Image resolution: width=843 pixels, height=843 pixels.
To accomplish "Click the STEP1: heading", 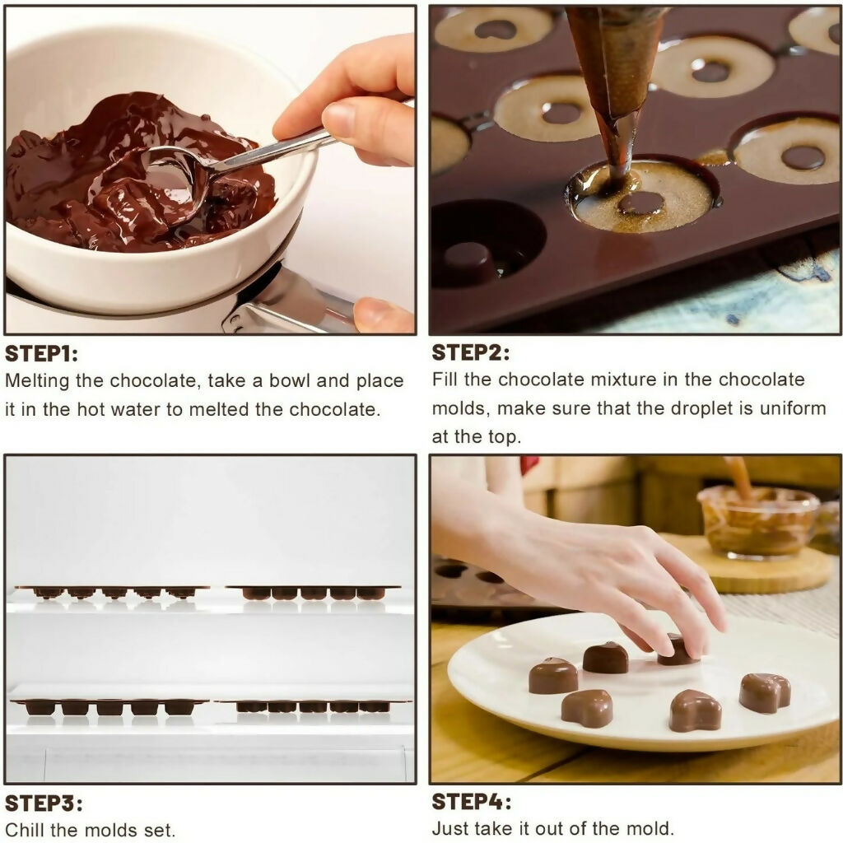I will pos(41,355).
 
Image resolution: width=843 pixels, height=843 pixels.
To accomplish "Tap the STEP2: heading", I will pos(470,353).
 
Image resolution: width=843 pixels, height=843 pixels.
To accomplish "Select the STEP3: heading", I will pos(44,803).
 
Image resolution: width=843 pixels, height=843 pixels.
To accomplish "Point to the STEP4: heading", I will pos(471,802).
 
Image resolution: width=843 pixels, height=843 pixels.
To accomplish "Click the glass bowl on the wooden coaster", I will pos(757,522).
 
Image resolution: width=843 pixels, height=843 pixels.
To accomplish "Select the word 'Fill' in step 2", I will pos(446,380).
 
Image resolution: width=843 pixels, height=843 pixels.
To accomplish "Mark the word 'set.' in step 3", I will pos(160,829).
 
